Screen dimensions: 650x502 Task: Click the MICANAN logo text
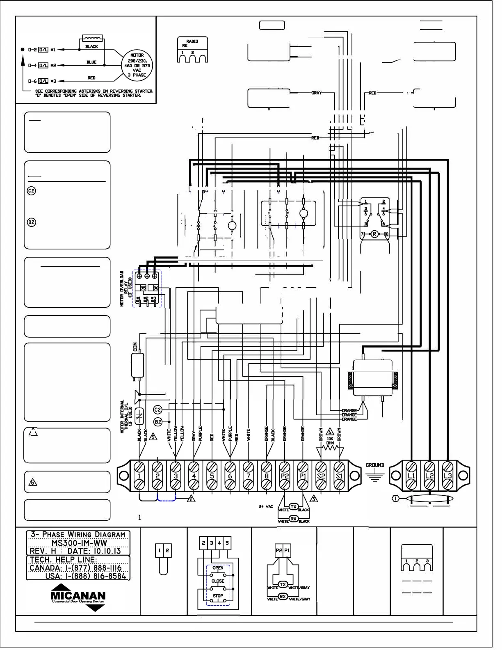[x=78, y=595]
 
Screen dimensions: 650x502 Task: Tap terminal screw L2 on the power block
[x=429, y=476]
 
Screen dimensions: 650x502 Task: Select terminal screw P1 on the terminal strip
[x=303, y=476]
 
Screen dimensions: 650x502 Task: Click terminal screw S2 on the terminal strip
[x=321, y=476]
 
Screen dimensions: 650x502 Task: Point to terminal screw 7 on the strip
[x=248, y=476]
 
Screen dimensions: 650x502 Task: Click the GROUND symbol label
[x=374, y=465]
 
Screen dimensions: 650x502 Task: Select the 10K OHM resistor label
[x=330, y=441]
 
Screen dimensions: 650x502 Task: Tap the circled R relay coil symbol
[x=374, y=234]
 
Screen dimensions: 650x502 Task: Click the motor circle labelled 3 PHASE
[x=137, y=65]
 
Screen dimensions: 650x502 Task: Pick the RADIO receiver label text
[x=192, y=41]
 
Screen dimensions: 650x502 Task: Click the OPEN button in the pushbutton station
[x=218, y=568]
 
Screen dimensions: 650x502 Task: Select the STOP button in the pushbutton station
[x=218, y=595]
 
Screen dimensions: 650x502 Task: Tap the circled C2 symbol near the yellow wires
[x=157, y=410]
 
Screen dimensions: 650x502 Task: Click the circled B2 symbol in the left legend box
[x=32, y=222]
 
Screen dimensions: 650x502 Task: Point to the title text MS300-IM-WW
[x=79, y=542]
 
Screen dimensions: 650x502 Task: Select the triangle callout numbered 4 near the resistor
[x=330, y=432]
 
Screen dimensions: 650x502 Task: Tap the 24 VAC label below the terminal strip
[x=266, y=506]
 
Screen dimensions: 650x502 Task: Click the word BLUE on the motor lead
[x=91, y=62]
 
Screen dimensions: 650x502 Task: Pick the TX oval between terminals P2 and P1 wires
[x=294, y=506]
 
